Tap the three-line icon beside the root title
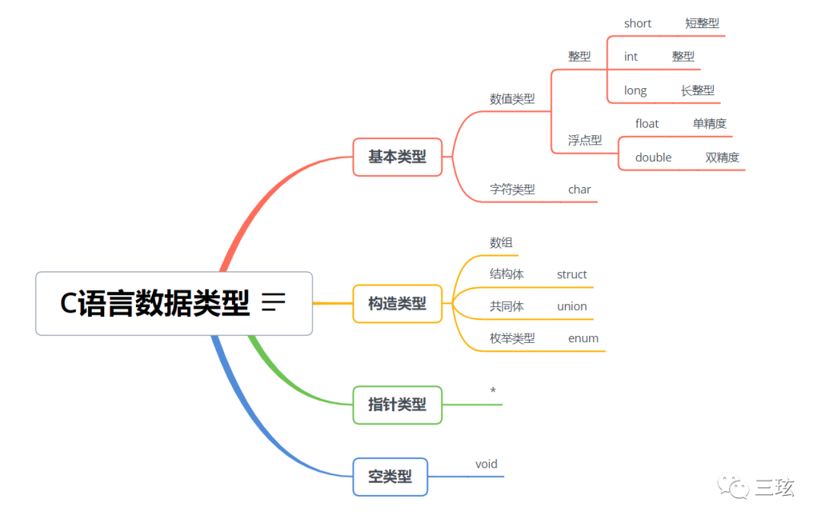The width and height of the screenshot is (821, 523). (x=273, y=303)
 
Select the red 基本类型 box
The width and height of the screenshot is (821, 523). (x=397, y=157)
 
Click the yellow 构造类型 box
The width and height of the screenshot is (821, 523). (x=397, y=304)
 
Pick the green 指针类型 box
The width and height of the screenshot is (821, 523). (x=397, y=405)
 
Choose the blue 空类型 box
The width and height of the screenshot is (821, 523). (x=390, y=477)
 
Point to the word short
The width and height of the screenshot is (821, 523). (x=637, y=24)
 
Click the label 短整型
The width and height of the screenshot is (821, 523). (x=702, y=24)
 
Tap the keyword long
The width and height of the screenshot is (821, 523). (x=635, y=90)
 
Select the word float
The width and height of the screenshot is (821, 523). (x=647, y=124)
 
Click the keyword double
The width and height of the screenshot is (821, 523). (x=653, y=157)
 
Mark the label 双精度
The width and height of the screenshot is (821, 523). (x=721, y=157)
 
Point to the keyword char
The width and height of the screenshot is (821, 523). (x=579, y=189)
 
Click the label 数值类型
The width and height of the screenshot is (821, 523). (x=512, y=99)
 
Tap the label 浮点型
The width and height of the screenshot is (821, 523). (x=585, y=140)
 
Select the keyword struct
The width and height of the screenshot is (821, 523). (x=572, y=274)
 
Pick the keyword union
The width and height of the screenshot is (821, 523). (x=572, y=306)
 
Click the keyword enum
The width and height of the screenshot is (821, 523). (x=583, y=338)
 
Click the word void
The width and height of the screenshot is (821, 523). (x=486, y=464)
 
